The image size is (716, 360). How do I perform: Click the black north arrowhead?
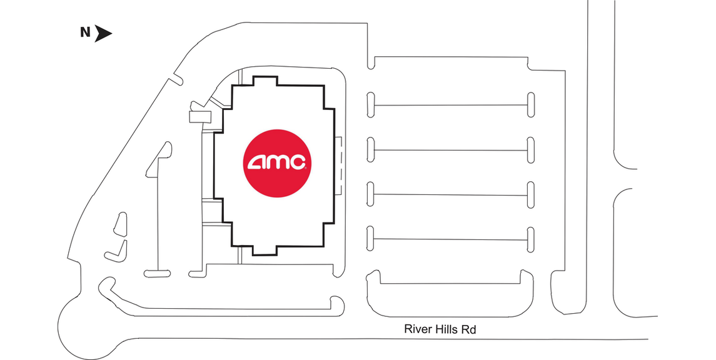click(103, 33)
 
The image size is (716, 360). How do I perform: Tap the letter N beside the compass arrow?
click(85, 32)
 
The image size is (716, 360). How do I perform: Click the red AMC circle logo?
click(277, 163)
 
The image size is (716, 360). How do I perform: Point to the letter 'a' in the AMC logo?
click(258, 162)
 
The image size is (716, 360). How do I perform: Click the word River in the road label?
click(416, 329)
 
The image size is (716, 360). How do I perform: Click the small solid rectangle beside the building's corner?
click(200, 117)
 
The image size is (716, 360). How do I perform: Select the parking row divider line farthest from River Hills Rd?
click(450, 105)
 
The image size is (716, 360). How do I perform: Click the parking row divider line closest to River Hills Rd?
click(450, 239)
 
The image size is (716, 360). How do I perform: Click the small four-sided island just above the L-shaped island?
click(121, 224)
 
